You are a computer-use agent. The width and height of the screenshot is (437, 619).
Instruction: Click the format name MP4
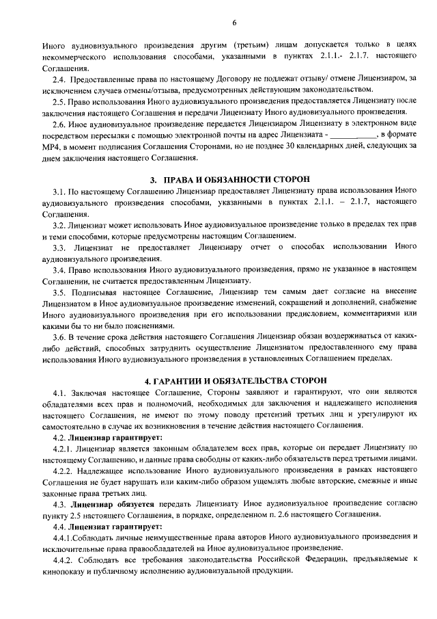click(52, 147)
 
